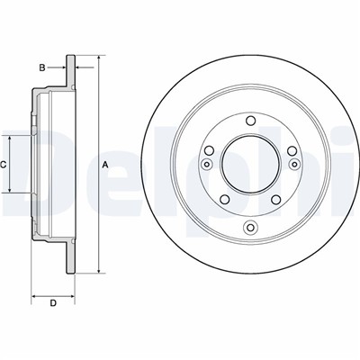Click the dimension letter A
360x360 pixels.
(x=105, y=164)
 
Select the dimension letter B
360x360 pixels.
(x=42, y=68)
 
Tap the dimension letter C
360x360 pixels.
(x=3, y=165)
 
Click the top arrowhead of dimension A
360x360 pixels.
(x=99, y=58)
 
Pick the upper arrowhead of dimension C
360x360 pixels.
(x=10, y=139)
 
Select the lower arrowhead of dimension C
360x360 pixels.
(x=10, y=189)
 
